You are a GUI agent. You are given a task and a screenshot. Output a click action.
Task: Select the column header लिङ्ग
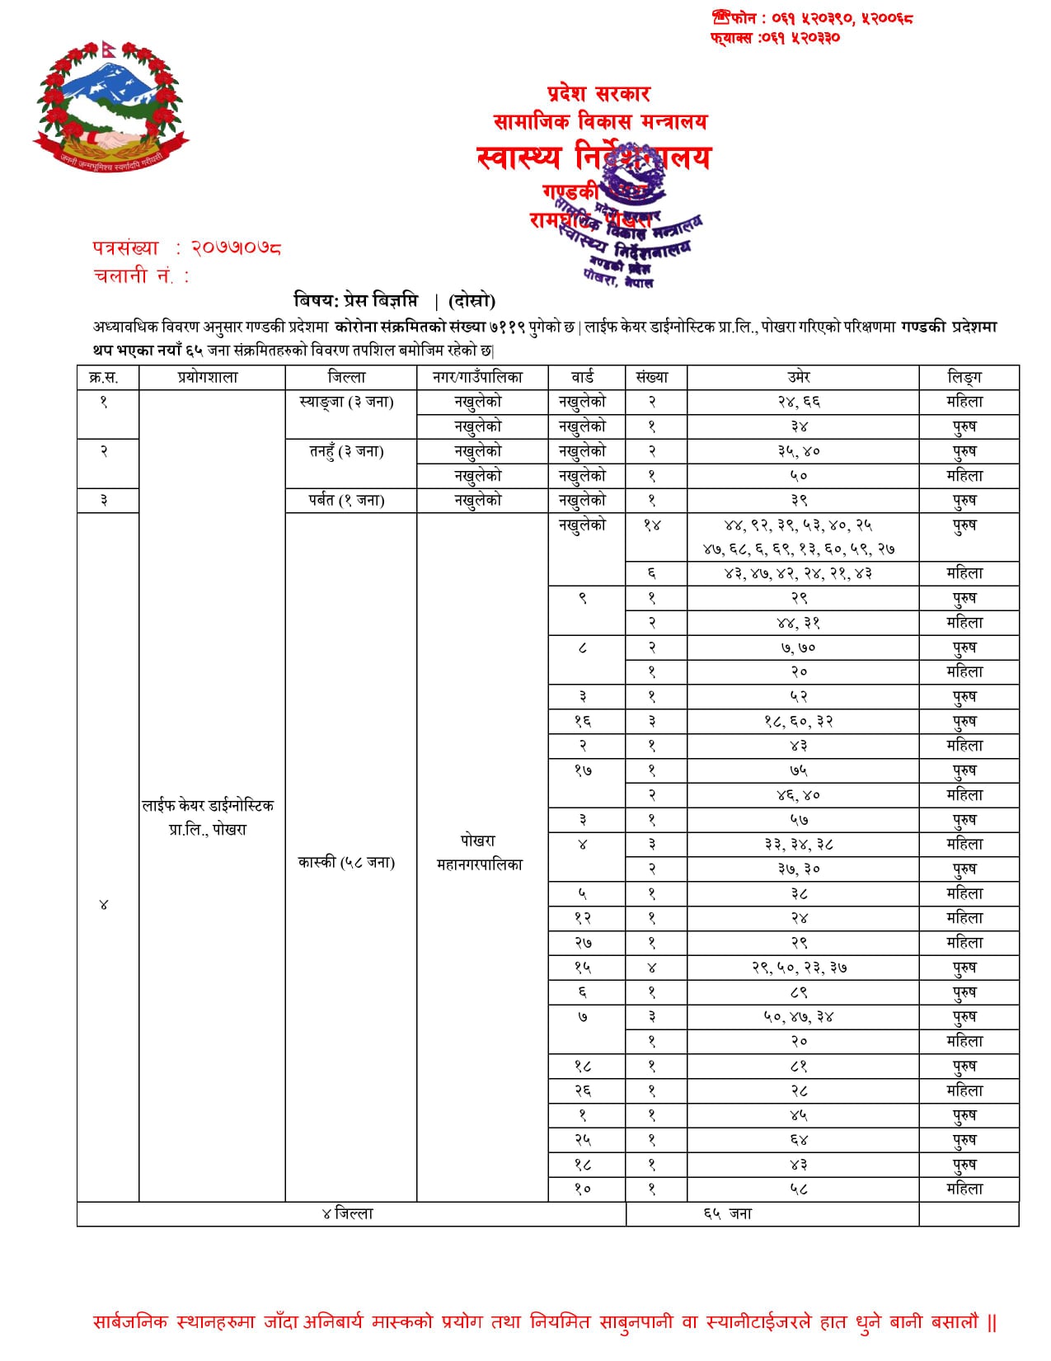[x=964, y=378]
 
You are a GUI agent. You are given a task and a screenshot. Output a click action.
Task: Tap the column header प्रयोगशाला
[x=208, y=378]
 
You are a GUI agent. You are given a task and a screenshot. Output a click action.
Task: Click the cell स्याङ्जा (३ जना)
[x=347, y=403]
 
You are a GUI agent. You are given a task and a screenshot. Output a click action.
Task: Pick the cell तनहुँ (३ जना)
[x=347, y=452]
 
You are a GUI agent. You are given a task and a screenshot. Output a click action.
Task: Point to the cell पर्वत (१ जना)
[x=347, y=501]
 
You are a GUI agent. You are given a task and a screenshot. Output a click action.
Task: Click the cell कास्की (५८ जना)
[x=347, y=863]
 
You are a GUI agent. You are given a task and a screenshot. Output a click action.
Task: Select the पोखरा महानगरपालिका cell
[x=479, y=853]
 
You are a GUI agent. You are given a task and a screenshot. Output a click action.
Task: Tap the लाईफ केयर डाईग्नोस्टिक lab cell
[x=208, y=817]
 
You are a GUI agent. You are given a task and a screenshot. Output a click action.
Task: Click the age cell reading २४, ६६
[x=799, y=403]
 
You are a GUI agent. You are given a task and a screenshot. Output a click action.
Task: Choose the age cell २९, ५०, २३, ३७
[x=799, y=968]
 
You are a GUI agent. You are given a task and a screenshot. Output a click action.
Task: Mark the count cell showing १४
[x=652, y=525]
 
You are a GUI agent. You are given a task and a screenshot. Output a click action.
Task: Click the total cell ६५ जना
[x=729, y=1214]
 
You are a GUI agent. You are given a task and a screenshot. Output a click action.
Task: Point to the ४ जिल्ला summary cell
[x=347, y=1214]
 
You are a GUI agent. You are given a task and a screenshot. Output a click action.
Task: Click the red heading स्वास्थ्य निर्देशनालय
[x=593, y=157]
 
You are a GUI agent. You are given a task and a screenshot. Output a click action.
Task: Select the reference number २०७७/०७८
[x=236, y=247]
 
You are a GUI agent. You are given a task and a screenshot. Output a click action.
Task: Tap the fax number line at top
[x=775, y=38]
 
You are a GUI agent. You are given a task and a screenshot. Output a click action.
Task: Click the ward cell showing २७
[x=583, y=943]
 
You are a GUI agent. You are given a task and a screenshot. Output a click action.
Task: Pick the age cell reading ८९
[x=799, y=992]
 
